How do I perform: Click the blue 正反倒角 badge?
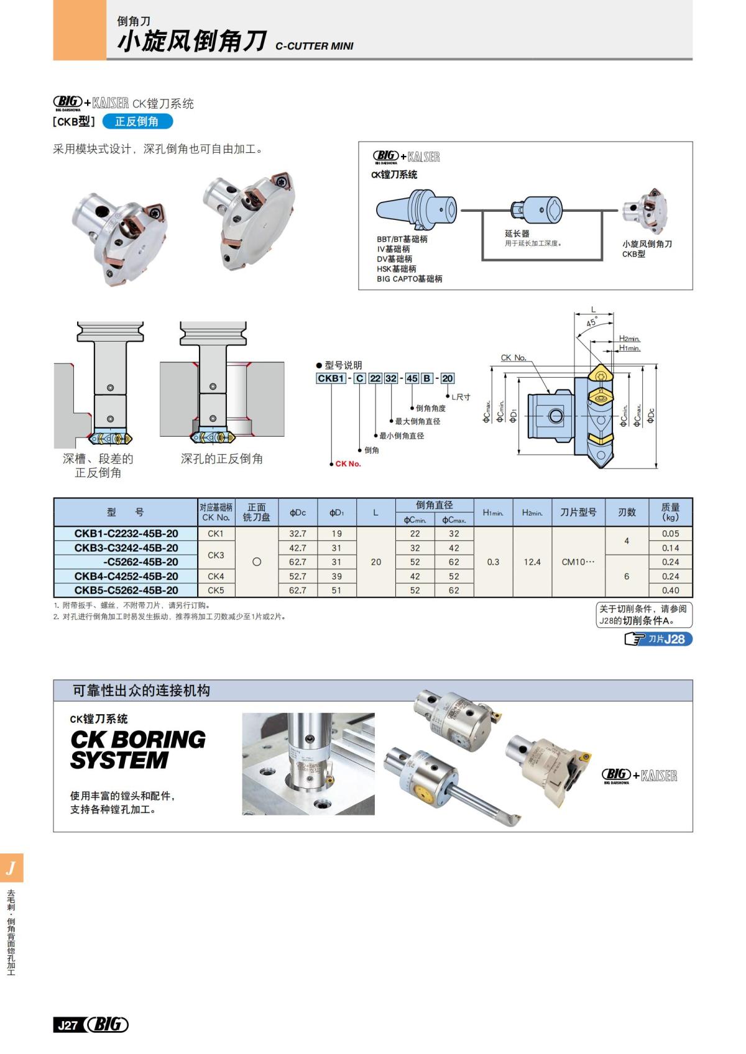pos(137,122)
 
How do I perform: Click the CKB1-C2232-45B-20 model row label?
pos(126,534)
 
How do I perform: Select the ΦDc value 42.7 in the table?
pos(297,548)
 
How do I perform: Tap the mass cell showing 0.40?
pos(670,590)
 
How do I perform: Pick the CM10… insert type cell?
pos(578,562)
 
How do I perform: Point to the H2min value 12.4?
pos(532,562)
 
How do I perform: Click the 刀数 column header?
pos(627,512)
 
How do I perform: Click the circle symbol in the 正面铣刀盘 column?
pos(256,562)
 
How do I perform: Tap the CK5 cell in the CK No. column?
pos(216,590)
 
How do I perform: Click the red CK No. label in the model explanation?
pos(348,464)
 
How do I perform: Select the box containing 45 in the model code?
pos(412,378)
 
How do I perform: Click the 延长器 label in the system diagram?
pos(517,234)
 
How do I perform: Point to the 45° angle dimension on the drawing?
pos(591,322)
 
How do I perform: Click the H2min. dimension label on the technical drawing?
pos(629,338)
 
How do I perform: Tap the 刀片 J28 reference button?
pos(659,639)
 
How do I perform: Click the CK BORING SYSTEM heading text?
pos(137,750)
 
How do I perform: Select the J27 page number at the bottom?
pos(67,1025)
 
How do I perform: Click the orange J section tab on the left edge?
pos(11,868)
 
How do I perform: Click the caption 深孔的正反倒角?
pos(221,459)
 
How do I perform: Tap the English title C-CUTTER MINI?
pos(314,46)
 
